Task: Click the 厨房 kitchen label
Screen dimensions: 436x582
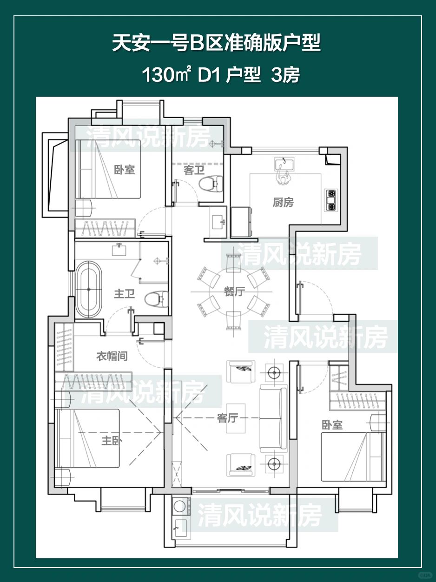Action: [283, 203]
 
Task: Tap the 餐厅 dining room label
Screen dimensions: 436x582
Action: [234, 291]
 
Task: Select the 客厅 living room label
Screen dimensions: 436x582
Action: [227, 418]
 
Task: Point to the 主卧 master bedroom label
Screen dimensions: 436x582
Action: [112, 441]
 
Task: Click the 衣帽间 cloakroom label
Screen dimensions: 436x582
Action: [112, 356]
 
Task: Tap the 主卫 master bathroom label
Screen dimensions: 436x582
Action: [124, 294]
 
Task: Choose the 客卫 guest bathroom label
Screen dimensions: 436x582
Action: [194, 170]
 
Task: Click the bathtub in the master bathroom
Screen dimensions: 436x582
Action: [89, 289]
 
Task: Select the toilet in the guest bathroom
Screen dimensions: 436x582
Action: [211, 183]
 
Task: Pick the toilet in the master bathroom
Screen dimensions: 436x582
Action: [157, 299]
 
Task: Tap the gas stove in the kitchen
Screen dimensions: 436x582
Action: [331, 200]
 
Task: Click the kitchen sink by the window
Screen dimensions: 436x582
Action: [284, 164]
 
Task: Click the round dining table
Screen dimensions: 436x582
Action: [233, 292]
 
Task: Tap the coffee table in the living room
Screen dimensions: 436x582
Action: [236, 418]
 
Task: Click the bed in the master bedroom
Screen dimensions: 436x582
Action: [88, 438]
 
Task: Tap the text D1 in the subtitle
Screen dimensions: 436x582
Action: [209, 75]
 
